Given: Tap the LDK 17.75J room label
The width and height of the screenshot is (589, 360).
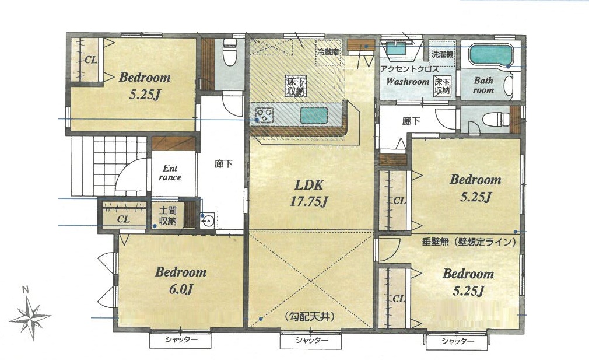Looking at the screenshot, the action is (308, 193).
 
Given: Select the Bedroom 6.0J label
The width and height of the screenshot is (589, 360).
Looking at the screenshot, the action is (181, 280).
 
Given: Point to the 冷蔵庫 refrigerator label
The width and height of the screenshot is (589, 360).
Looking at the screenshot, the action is (328, 52).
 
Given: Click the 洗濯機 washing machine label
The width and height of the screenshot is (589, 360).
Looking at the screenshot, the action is (442, 54).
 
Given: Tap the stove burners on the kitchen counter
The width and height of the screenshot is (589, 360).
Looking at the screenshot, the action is (264, 115).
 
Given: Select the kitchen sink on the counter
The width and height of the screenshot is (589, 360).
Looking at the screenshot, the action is (314, 115).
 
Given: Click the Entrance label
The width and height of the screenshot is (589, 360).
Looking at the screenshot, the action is (170, 173).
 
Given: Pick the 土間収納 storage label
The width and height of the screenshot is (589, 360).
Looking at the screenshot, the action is (167, 215).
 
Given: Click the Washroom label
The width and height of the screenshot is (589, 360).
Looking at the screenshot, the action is (408, 81).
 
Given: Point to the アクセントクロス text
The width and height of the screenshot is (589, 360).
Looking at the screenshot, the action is (409, 69).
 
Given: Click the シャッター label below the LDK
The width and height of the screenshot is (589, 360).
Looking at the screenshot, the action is (311, 341).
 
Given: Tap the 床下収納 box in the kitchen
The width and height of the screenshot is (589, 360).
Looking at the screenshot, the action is (297, 86).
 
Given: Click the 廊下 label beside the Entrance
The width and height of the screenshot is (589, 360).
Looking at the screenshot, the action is (223, 164).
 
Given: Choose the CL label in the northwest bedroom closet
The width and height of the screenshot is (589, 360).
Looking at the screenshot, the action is (90, 60).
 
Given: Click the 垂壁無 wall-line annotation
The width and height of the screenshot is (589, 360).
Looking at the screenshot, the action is (468, 242).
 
